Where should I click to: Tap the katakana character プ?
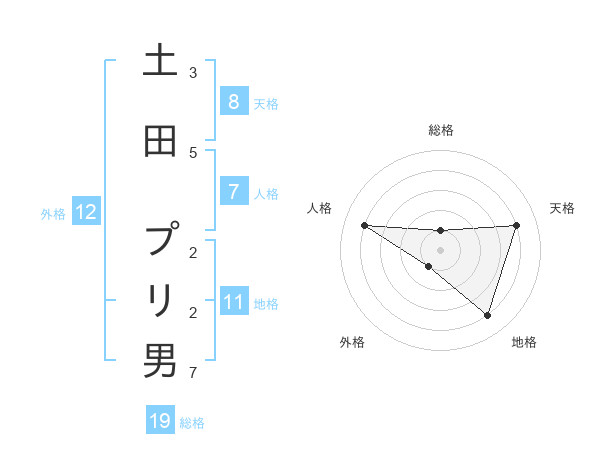[x=161, y=241]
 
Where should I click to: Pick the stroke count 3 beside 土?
[x=193, y=72]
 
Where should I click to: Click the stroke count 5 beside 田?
[x=193, y=152]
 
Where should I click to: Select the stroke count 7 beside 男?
[x=193, y=374]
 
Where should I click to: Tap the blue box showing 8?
[x=233, y=102]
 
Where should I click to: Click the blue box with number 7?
[x=233, y=192]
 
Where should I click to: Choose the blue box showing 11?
[x=234, y=301]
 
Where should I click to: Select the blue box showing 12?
[x=85, y=212]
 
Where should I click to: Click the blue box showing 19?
[x=160, y=421]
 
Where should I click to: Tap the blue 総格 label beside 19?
[x=192, y=423]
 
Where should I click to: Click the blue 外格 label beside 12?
[x=53, y=213]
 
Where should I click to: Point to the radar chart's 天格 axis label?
[x=562, y=208]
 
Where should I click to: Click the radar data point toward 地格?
[x=487, y=316]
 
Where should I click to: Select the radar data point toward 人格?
[x=364, y=225]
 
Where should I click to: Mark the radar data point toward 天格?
[x=516, y=225]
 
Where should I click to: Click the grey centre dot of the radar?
[x=440, y=249]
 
